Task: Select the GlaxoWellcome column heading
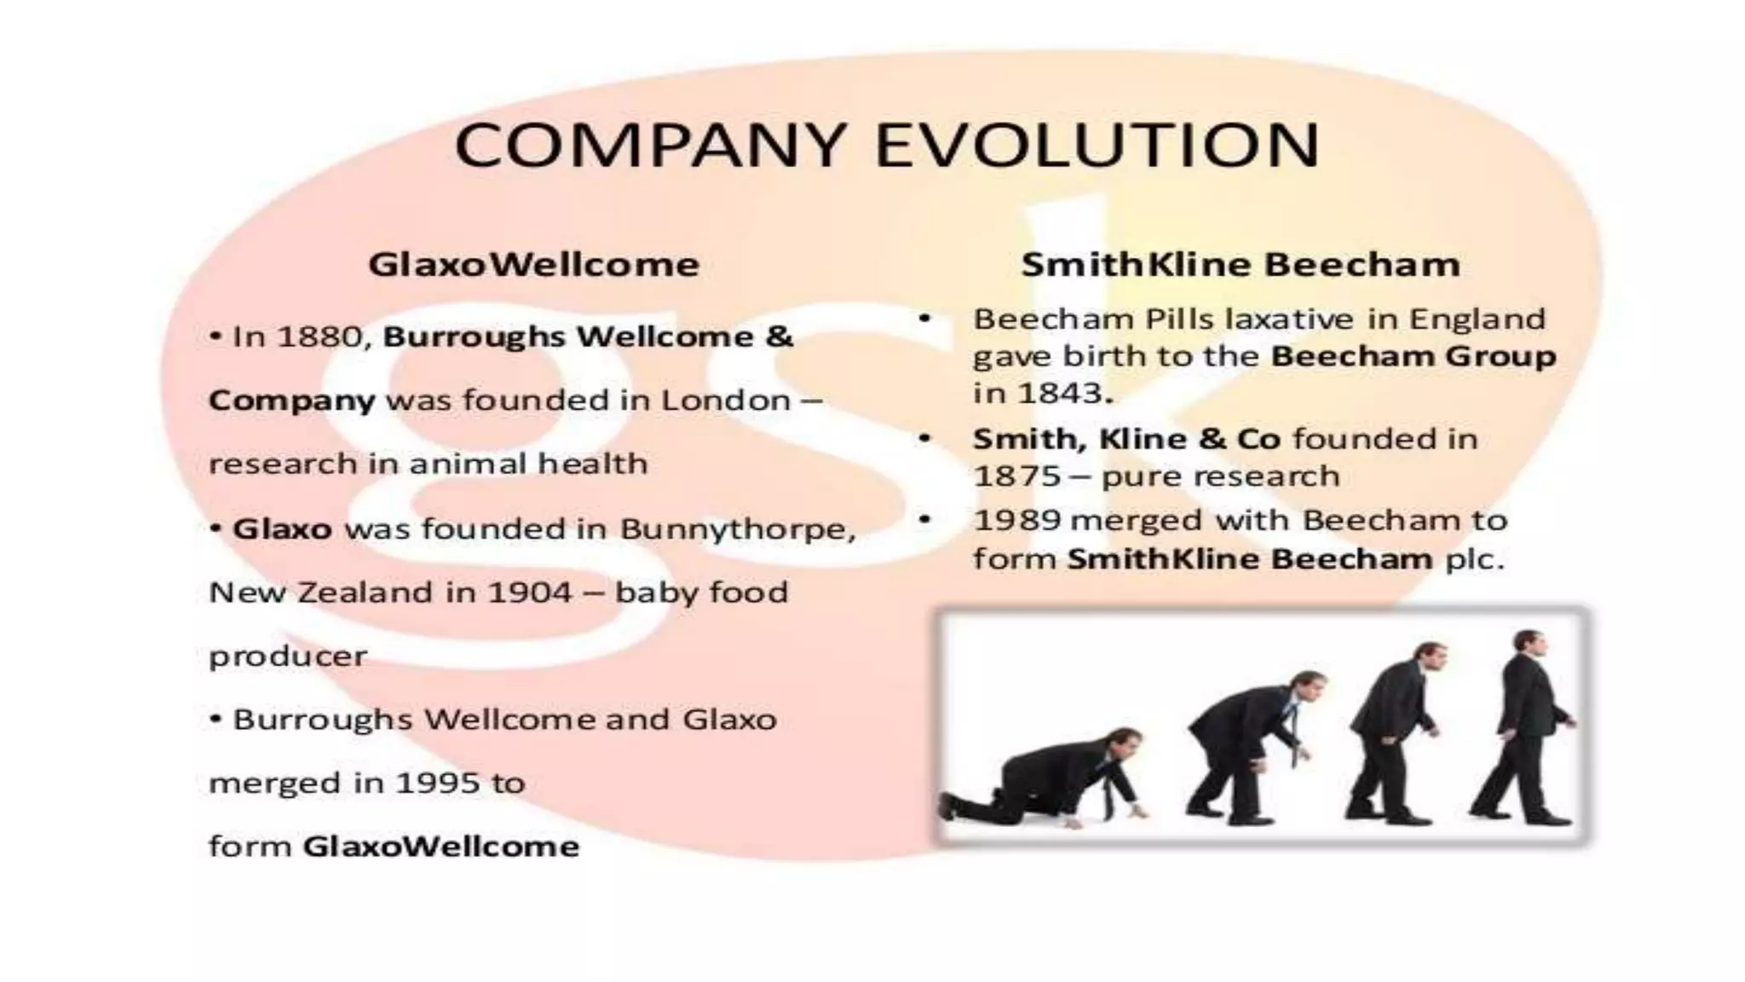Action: pyautogui.click(x=533, y=264)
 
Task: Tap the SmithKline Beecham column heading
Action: pyautogui.click(x=1241, y=264)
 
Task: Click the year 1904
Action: pyautogui.click(x=529, y=592)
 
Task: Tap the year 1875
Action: pyautogui.click(x=1014, y=476)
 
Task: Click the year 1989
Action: pyautogui.click(x=1016, y=520)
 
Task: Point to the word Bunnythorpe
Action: pyautogui.click(x=736, y=529)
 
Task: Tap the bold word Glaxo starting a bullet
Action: pyautogui.click(x=282, y=529)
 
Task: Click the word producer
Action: pyautogui.click(x=288, y=656)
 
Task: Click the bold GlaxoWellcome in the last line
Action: pyautogui.click(x=441, y=846)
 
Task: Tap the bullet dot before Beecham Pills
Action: pyautogui.click(x=925, y=319)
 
